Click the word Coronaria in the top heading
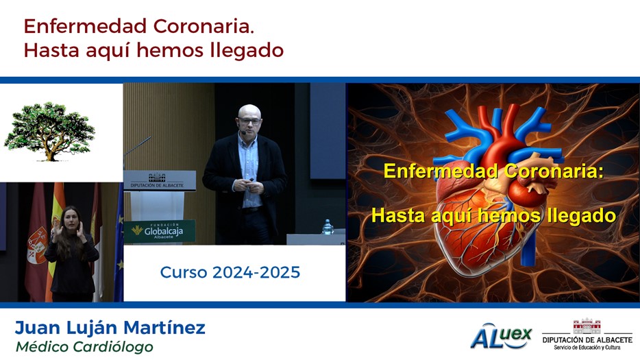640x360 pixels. click(204, 27)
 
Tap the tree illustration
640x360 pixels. click(49, 132)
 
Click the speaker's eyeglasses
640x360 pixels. click(249, 121)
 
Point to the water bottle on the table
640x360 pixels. click(327, 227)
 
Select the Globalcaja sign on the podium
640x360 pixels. click(160, 231)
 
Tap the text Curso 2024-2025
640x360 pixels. click(230, 272)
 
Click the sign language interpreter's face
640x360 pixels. click(70, 218)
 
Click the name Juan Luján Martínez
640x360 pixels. click(110, 328)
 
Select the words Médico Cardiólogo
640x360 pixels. click(84, 347)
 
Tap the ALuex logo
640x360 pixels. click(501, 336)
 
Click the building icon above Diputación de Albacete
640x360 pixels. click(587, 326)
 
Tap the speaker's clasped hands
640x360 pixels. click(250, 186)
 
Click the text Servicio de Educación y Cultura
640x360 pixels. click(587, 348)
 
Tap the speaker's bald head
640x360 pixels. click(249, 111)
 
